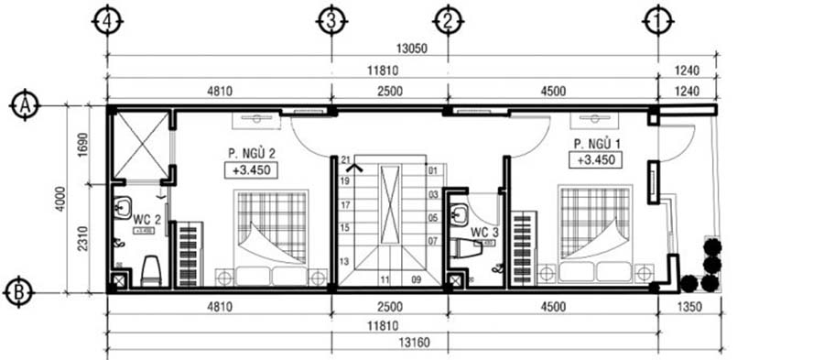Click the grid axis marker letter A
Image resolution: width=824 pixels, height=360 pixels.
point(22,106)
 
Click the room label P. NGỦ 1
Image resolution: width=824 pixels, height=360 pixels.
point(597,144)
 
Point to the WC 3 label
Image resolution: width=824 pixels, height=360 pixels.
point(484,233)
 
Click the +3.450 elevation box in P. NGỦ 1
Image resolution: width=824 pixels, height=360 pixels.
point(597,160)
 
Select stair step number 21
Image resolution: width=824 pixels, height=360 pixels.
point(346,161)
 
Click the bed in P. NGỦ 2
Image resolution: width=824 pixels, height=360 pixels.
point(271,238)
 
